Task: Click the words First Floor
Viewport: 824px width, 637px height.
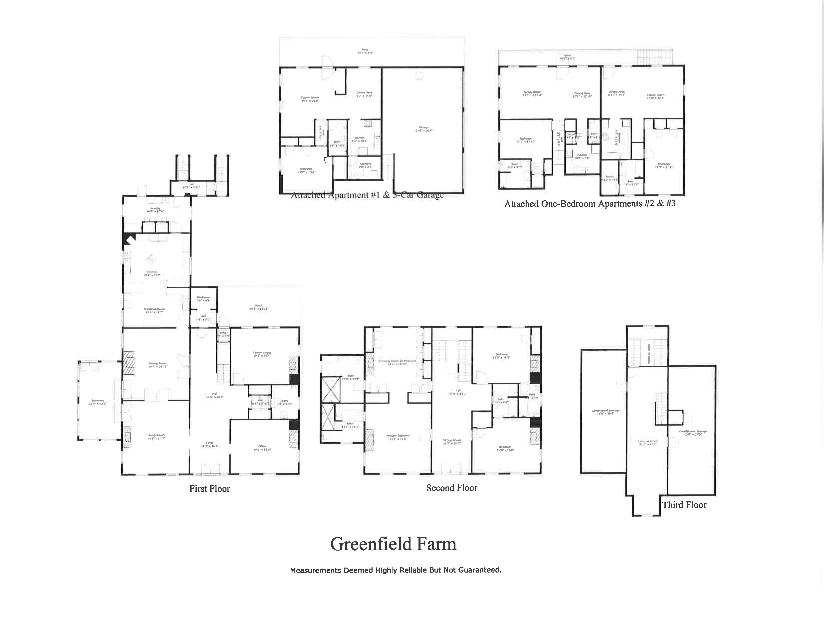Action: click(x=209, y=489)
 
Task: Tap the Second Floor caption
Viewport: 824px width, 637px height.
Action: click(x=452, y=488)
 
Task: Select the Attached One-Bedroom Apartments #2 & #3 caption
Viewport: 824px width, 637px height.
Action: click(x=590, y=204)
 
